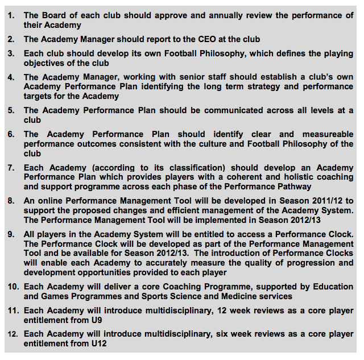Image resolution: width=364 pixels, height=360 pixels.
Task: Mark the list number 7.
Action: click(11, 168)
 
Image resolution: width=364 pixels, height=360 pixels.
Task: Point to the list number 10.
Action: click(13, 287)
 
